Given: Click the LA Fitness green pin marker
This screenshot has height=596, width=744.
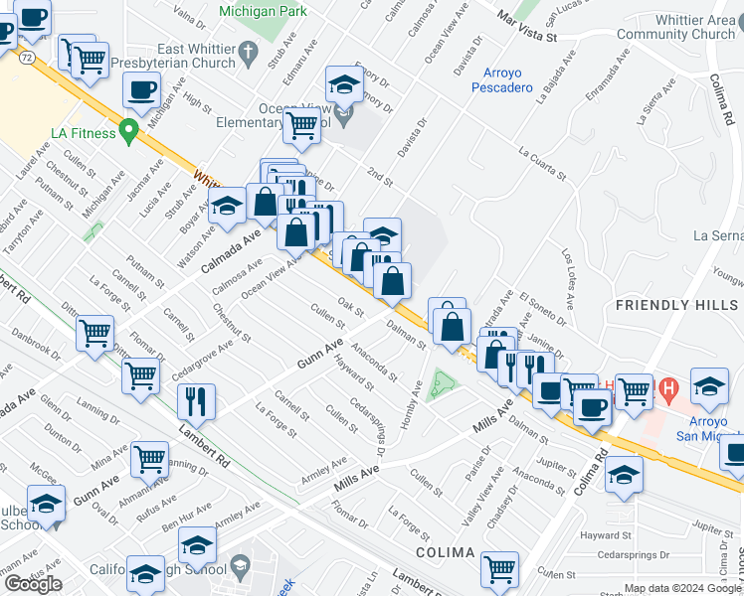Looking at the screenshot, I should pos(128,130).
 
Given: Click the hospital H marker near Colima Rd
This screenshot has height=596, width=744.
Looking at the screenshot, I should pos(668,387).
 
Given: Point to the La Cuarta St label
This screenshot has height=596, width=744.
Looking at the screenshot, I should pos(541,164).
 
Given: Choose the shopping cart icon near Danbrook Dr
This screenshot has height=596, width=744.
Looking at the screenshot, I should pos(95,333).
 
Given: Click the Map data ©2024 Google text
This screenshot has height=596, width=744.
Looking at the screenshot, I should pos(681,588).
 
